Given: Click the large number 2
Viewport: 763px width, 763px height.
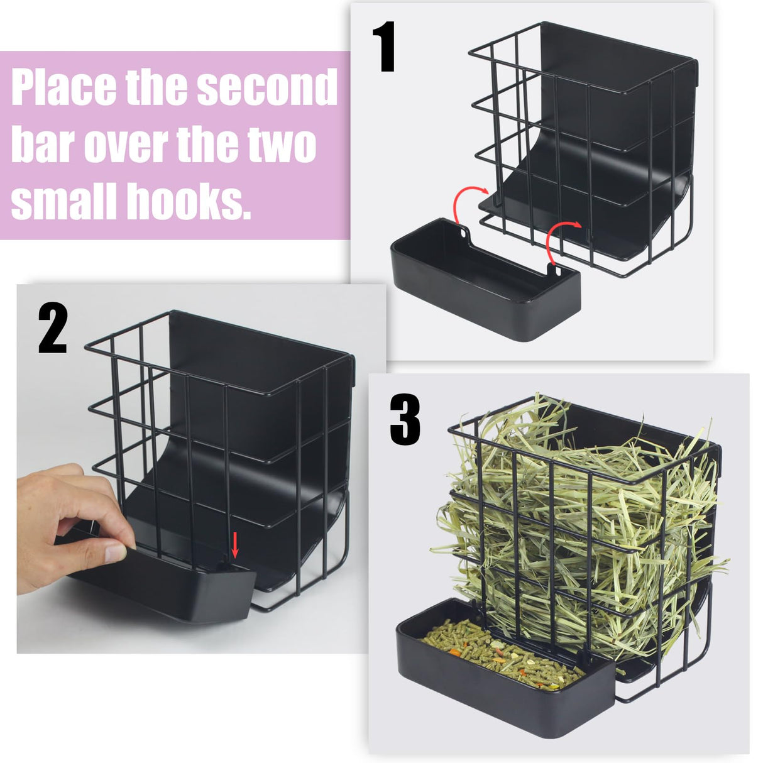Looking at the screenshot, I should point(52,328).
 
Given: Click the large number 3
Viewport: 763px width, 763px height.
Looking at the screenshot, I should point(405,420).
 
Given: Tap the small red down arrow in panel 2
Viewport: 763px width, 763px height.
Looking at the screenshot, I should point(236,545).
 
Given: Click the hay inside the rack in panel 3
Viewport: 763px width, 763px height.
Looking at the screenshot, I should point(585,534).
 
